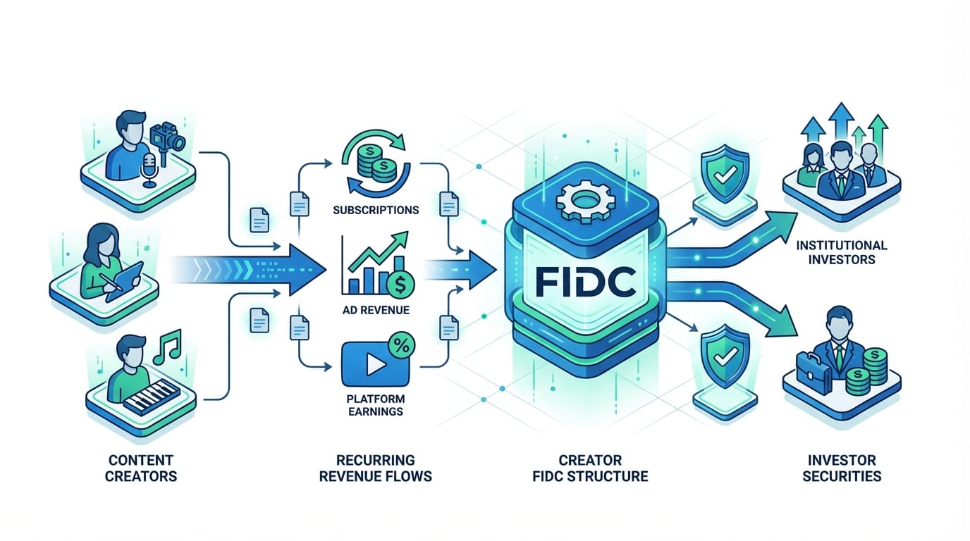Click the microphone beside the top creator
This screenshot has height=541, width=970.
click(x=149, y=170)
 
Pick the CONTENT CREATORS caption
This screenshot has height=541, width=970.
click(x=141, y=468)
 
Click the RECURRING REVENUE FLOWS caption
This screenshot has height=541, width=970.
click(x=375, y=468)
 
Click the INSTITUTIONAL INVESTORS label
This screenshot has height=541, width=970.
click(x=842, y=252)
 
